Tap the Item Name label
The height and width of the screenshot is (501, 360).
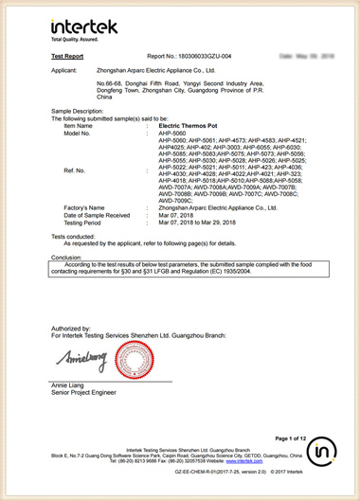click(56, 125)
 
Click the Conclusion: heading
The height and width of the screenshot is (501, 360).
click(37, 257)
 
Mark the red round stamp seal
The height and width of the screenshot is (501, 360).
click(135, 361)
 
